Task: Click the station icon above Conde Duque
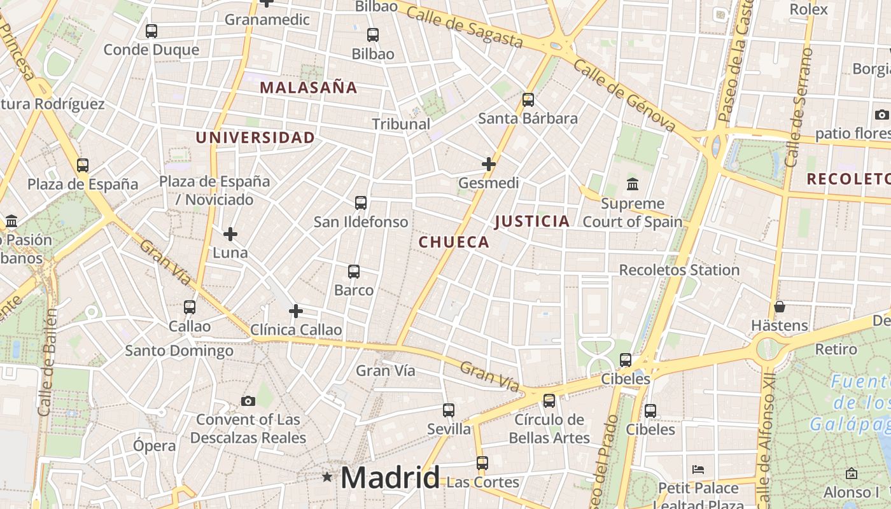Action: pos(151,31)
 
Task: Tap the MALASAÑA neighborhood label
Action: pos(309,88)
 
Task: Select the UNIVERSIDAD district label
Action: pos(255,137)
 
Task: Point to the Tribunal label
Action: pos(401,124)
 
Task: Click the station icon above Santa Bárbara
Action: pos(528,99)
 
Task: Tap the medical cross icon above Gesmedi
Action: pos(489,164)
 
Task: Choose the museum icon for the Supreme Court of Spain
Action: pos(633,185)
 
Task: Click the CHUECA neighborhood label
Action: pos(454,242)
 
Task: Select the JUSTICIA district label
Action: pos(532,221)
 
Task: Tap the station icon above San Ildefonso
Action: pos(361,203)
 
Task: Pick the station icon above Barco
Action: pos(354,272)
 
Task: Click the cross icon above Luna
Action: pos(230,234)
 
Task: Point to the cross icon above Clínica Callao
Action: pos(296,311)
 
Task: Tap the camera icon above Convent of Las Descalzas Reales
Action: pos(248,401)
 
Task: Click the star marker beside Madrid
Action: pos(327,477)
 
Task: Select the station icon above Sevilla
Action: pos(449,410)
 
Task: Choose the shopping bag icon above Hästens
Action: pos(780,307)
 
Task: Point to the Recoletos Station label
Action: pos(679,270)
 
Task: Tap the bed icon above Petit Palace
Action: pos(698,470)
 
